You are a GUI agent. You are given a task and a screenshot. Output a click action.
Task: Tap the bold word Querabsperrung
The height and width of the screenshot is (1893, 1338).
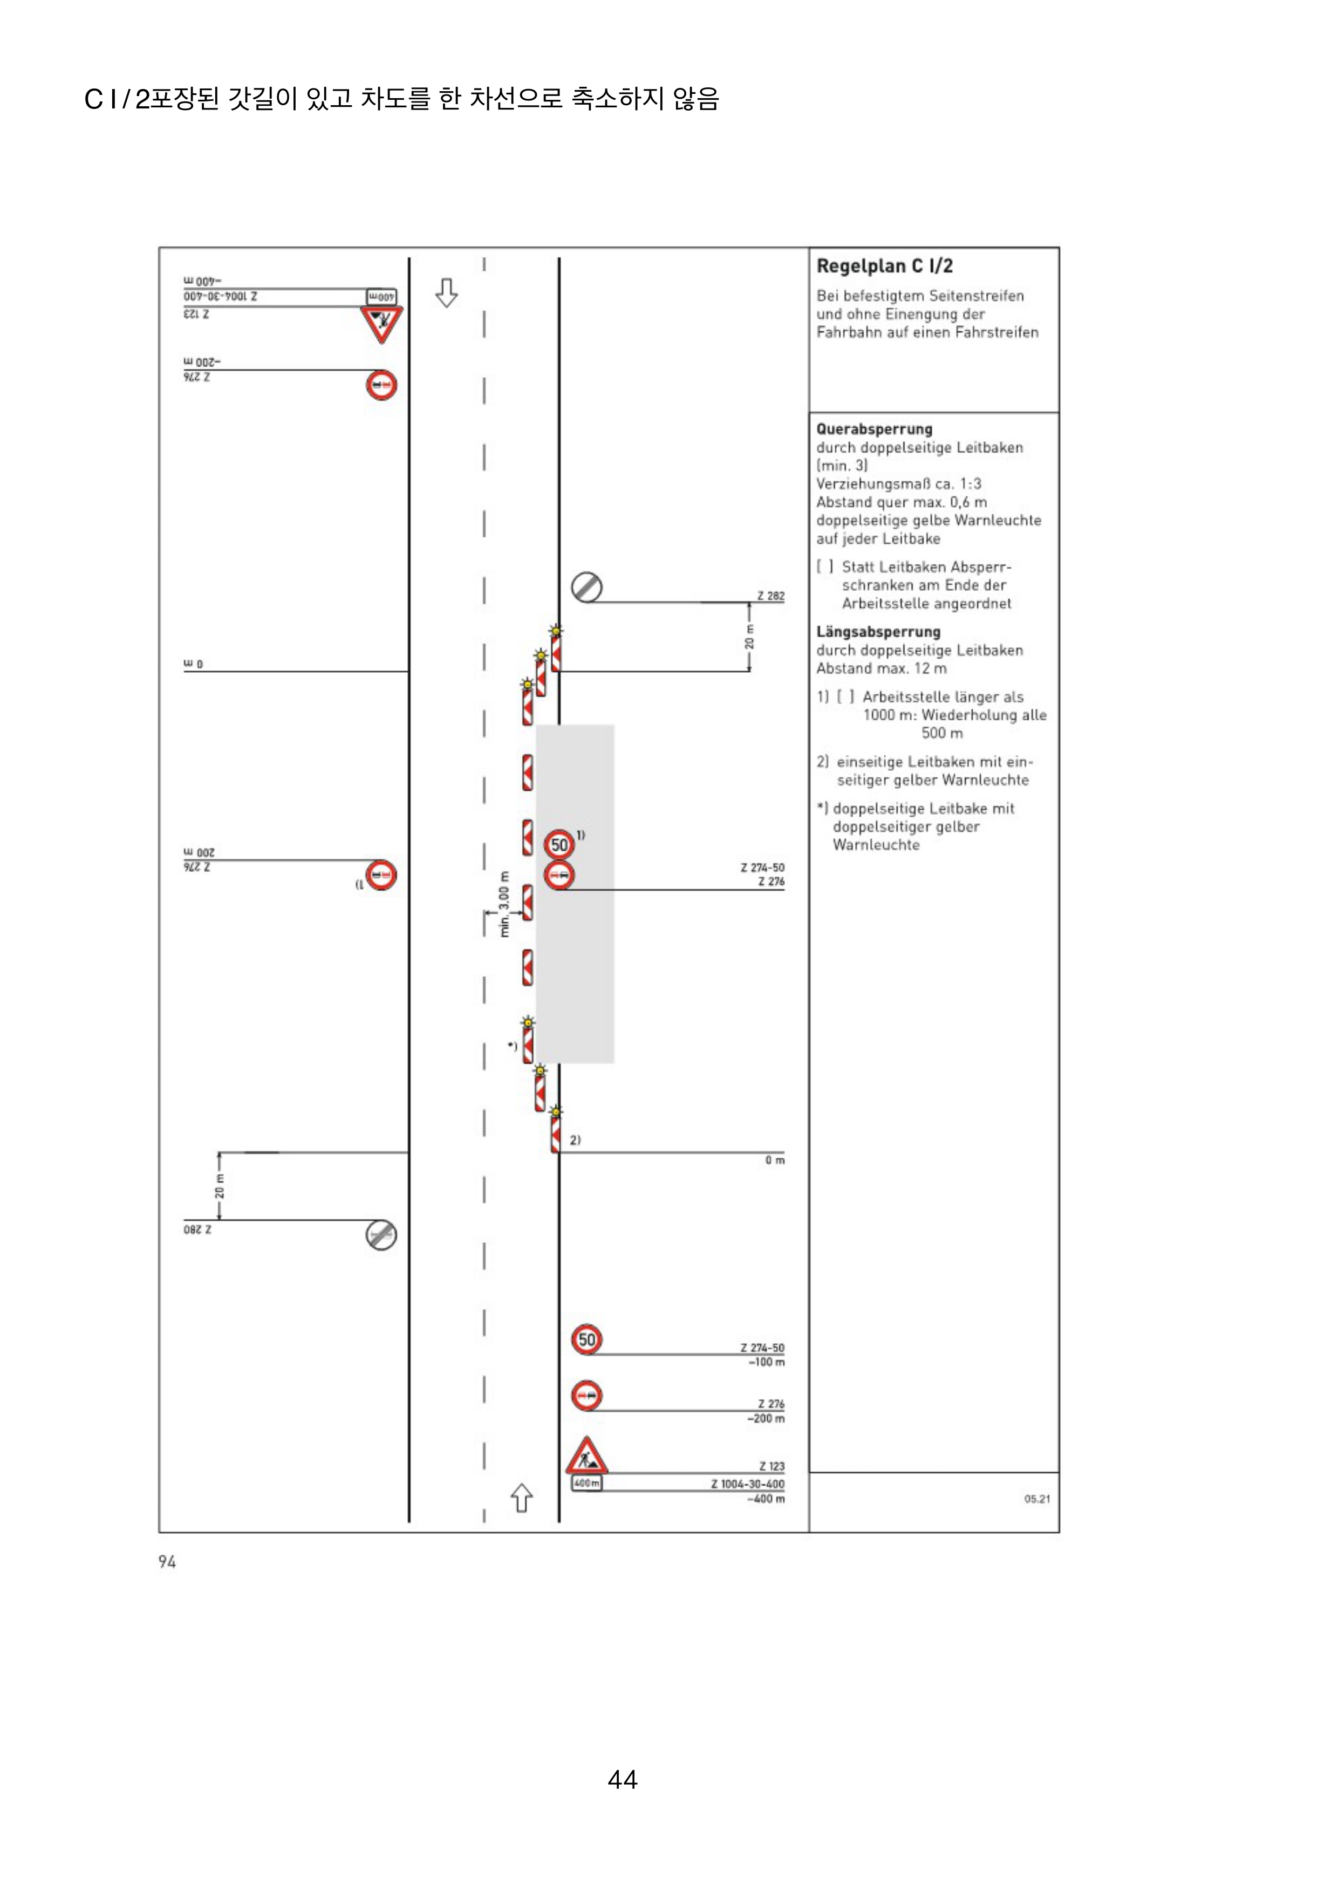(874, 429)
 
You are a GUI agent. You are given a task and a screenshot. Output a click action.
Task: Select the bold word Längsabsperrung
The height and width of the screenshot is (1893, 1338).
(878, 632)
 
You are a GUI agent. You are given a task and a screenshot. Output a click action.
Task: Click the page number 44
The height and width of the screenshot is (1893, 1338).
(623, 1779)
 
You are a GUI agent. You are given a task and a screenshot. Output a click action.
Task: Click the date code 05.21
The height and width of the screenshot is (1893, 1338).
(1036, 1499)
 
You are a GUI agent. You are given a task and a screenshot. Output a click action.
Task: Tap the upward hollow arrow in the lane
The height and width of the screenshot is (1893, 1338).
(521, 1497)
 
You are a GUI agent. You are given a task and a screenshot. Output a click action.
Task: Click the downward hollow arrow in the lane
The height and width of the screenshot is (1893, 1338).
(446, 293)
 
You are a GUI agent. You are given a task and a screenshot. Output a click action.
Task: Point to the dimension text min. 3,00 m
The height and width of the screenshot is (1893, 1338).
(504, 904)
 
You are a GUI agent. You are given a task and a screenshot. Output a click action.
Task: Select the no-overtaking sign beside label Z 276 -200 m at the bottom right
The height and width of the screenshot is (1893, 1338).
(586, 1396)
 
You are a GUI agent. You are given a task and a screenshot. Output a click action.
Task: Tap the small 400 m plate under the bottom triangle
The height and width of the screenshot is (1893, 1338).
(586, 1483)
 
